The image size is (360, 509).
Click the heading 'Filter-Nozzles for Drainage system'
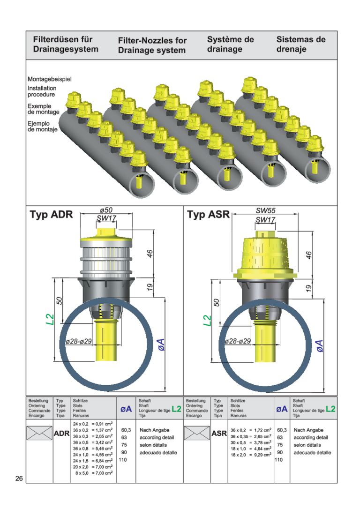(x=152, y=45)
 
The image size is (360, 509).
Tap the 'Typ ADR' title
(x=51, y=215)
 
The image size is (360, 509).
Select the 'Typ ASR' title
(x=209, y=215)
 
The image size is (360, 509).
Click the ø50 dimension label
(x=106, y=210)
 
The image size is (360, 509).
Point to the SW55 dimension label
(x=265, y=210)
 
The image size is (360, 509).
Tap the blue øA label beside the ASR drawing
(x=320, y=346)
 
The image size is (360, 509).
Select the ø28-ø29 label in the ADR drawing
(x=79, y=342)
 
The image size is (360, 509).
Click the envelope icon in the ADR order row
(x=39, y=433)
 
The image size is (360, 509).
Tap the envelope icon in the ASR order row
(x=197, y=433)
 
